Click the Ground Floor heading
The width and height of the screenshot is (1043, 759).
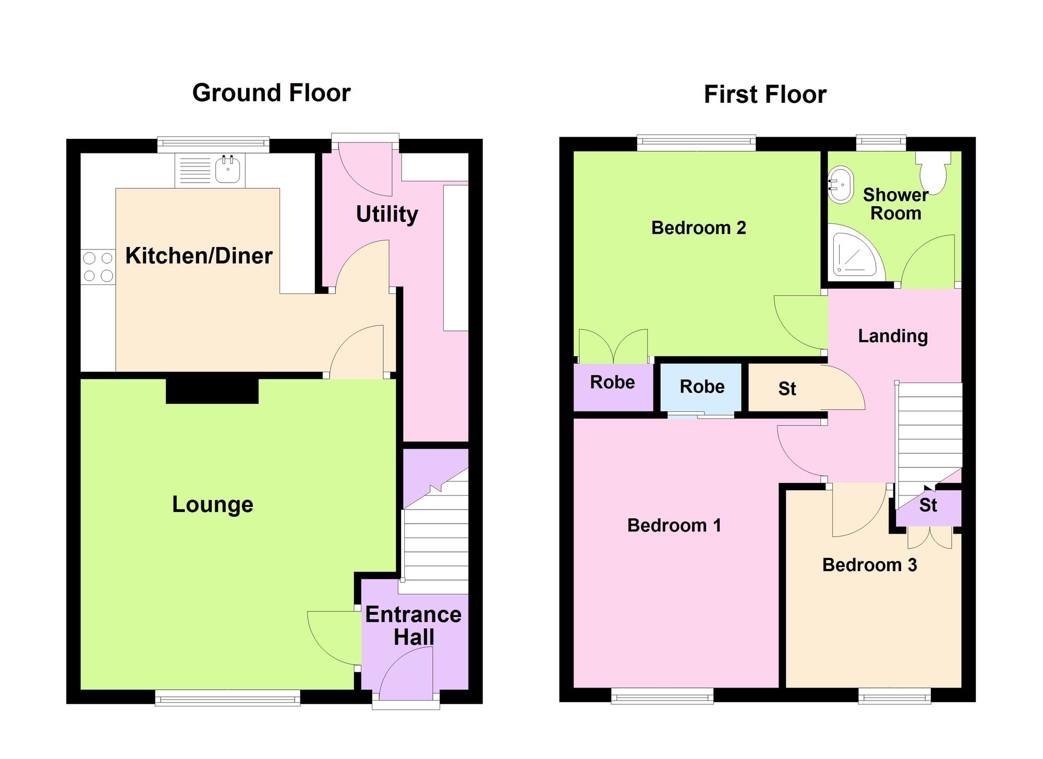coord(271,93)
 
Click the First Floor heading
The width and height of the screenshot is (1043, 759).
coord(765,95)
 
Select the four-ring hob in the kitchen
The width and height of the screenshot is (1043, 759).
coord(98,267)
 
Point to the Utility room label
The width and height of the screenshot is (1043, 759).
coord(386,214)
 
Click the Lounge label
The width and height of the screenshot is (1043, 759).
coord(212,504)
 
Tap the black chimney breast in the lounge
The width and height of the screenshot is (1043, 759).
coord(212,390)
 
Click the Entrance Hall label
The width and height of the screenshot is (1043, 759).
coord(413,625)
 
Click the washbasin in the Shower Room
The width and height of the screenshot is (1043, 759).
coord(841,184)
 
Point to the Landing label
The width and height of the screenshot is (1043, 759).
coord(893,336)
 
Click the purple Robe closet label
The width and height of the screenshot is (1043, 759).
coord(612,382)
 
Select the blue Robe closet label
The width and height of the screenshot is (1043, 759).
coord(702,386)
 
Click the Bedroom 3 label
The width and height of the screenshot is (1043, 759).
coord(869,565)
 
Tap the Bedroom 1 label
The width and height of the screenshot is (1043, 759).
coord(674,525)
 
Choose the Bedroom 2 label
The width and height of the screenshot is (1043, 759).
coord(698,228)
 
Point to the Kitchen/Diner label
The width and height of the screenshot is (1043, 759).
coord(199,256)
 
